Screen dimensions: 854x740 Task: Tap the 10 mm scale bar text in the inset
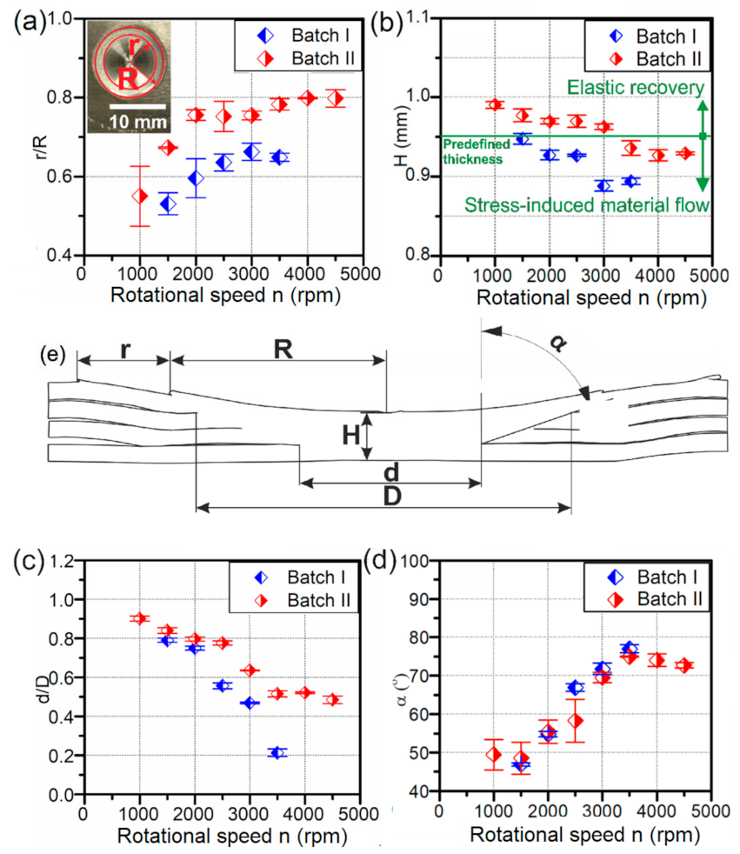pyautogui.click(x=136, y=120)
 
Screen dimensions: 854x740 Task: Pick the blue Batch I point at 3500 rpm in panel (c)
pyautogui.click(x=277, y=752)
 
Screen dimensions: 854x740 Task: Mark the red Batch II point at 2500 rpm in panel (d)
pyautogui.click(x=575, y=721)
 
